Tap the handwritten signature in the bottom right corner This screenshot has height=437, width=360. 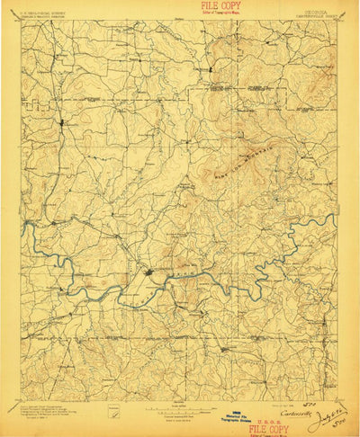click(x=324, y=419)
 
